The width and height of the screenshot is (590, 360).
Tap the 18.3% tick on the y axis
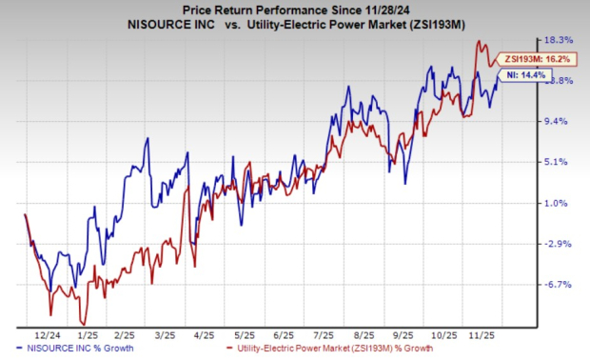click(559, 40)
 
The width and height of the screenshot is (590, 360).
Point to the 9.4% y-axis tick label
click(559, 121)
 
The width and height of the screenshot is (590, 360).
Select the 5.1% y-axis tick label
click(559, 162)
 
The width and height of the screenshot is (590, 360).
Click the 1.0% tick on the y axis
click(559, 203)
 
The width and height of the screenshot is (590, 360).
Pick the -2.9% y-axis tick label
click(559, 244)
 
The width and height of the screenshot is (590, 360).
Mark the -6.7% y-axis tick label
click(559, 285)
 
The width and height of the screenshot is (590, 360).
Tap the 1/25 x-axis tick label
click(88, 336)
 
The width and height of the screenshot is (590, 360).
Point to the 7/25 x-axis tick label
click(320, 336)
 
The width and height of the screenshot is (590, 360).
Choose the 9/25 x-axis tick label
click(401, 336)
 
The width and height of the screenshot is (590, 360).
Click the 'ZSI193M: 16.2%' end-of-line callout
click(527, 59)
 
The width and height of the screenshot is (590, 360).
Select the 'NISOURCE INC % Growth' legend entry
click(74, 350)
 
